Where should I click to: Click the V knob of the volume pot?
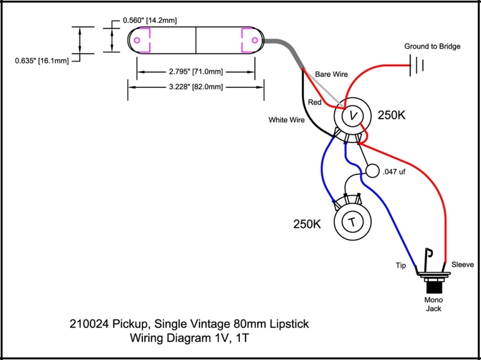click(x=353, y=116)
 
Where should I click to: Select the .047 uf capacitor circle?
click(x=373, y=171)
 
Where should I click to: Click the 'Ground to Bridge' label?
click(x=432, y=46)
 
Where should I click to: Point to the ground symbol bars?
click(x=417, y=65)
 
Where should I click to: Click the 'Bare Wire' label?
click(x=332, y=74)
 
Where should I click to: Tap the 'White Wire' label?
click(x=287, y=120)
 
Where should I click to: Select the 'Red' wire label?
click(x=315, y=102)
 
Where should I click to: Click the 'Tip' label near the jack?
click(x=401, y=266)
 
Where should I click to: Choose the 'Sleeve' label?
click(x=462, y=264)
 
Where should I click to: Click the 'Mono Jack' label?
click(x=434, y=304)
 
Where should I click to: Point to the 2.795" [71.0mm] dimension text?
click(x=196, y=71)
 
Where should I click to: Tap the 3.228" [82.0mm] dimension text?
click(x=196, y=87)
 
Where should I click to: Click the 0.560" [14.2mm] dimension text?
click(x=149, y=21)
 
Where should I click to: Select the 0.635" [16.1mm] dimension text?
click(x=42, y=61)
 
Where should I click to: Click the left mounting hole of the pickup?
click(x=137, y=40)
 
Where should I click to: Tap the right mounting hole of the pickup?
click(x=255, y=40)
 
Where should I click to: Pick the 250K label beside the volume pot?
click(x=391, y=116)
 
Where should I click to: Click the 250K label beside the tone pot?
click(x=307, y=224)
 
